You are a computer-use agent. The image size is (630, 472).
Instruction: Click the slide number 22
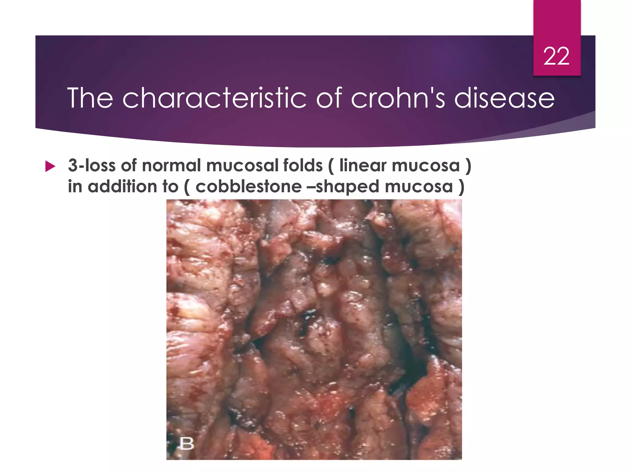tap(556, 57)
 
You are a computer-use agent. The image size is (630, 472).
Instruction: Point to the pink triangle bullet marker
tap(50, 166)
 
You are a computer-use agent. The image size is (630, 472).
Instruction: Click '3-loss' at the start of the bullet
tap(92, 165)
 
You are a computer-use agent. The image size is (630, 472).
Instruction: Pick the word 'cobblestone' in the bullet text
tap(249, 187)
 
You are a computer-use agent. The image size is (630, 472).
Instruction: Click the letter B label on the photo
tap(187, 443)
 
